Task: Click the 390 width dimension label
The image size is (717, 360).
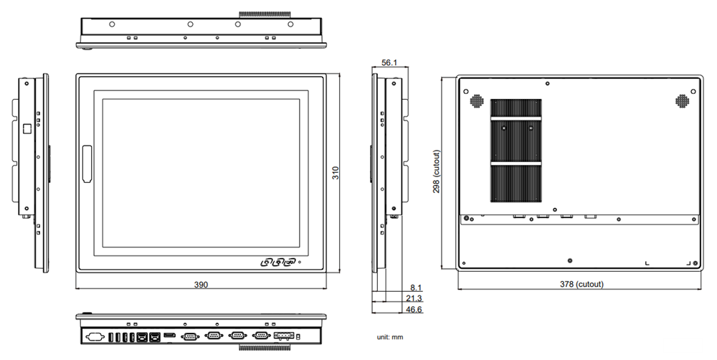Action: click(201, 285)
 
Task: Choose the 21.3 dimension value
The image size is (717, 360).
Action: click(414, 298)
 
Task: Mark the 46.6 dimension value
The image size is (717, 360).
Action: click(414, 310)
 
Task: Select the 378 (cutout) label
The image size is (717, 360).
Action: click(581, 284)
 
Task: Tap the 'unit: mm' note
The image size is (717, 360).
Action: click(390, 337)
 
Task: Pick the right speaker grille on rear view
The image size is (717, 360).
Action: click(682, 101)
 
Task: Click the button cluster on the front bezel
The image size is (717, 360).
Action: click(279, 262)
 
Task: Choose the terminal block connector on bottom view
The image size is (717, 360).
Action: click(285, 335)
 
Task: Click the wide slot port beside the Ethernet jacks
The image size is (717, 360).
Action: click(170, 335)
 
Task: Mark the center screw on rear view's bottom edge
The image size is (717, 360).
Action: click(569, 260)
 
